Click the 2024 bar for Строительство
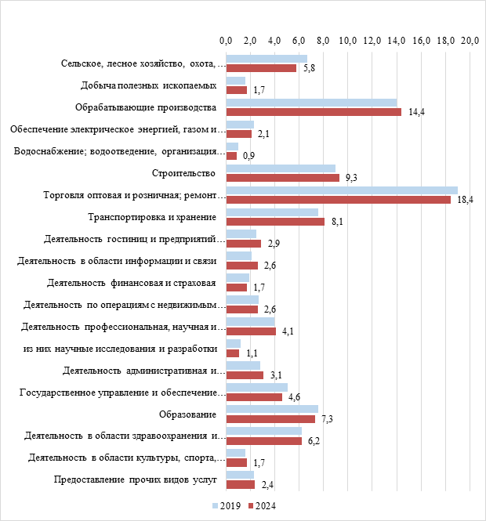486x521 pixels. pos(282,178)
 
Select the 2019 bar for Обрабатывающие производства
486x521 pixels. pos(311,103)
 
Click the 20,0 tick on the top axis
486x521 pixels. pos(470,40)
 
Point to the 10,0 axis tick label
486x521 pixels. pos(348,40)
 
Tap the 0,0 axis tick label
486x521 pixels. pos(226,40)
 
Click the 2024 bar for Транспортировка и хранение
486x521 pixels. pos(274,222)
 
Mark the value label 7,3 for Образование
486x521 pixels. pos(328,420)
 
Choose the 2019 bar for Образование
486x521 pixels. pos(272,408)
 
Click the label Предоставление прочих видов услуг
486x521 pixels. pos(134,479)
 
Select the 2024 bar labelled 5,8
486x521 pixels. pos(261,68)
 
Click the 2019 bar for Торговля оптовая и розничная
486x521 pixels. pos(341,190)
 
